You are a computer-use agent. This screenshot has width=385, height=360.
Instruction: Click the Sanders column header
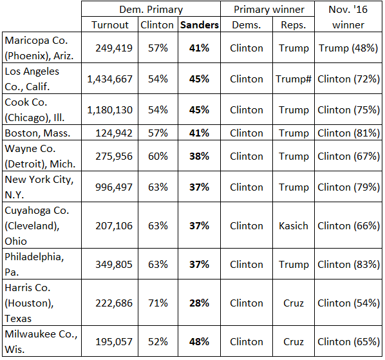coord(200,25)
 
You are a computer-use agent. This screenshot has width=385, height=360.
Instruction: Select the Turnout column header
coord(109,25)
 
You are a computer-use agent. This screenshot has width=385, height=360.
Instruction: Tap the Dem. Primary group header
coord(151,10)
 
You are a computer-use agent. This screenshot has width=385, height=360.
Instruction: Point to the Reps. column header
coord(294,25)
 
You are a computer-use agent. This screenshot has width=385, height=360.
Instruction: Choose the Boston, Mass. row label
coord(37,133)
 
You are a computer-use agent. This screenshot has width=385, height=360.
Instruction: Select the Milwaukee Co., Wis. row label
coord(41,341)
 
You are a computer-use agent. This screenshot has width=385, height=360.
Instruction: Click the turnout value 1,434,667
coord(109,79)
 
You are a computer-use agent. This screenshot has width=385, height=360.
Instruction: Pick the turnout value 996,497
coord(114,187)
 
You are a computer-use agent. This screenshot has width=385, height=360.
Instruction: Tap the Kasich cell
coord(294,226)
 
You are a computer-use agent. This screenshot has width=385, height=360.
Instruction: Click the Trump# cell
coord(294,79)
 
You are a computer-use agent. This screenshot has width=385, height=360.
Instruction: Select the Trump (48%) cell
coord(348,48)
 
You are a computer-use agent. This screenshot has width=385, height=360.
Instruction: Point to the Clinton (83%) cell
coord(349,265)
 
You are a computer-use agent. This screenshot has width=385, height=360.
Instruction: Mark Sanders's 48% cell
coord(199,341)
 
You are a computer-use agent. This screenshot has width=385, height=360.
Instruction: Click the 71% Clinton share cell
coord(158,303)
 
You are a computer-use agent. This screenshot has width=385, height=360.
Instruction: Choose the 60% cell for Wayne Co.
coord(158,156)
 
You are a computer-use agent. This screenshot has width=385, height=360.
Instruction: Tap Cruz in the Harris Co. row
coord(294,303)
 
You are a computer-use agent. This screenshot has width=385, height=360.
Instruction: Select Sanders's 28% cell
coord(199,303)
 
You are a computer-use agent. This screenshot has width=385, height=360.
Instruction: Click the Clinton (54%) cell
coord(349,303)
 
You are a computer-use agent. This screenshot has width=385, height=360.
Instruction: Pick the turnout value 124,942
coord(114,133)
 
